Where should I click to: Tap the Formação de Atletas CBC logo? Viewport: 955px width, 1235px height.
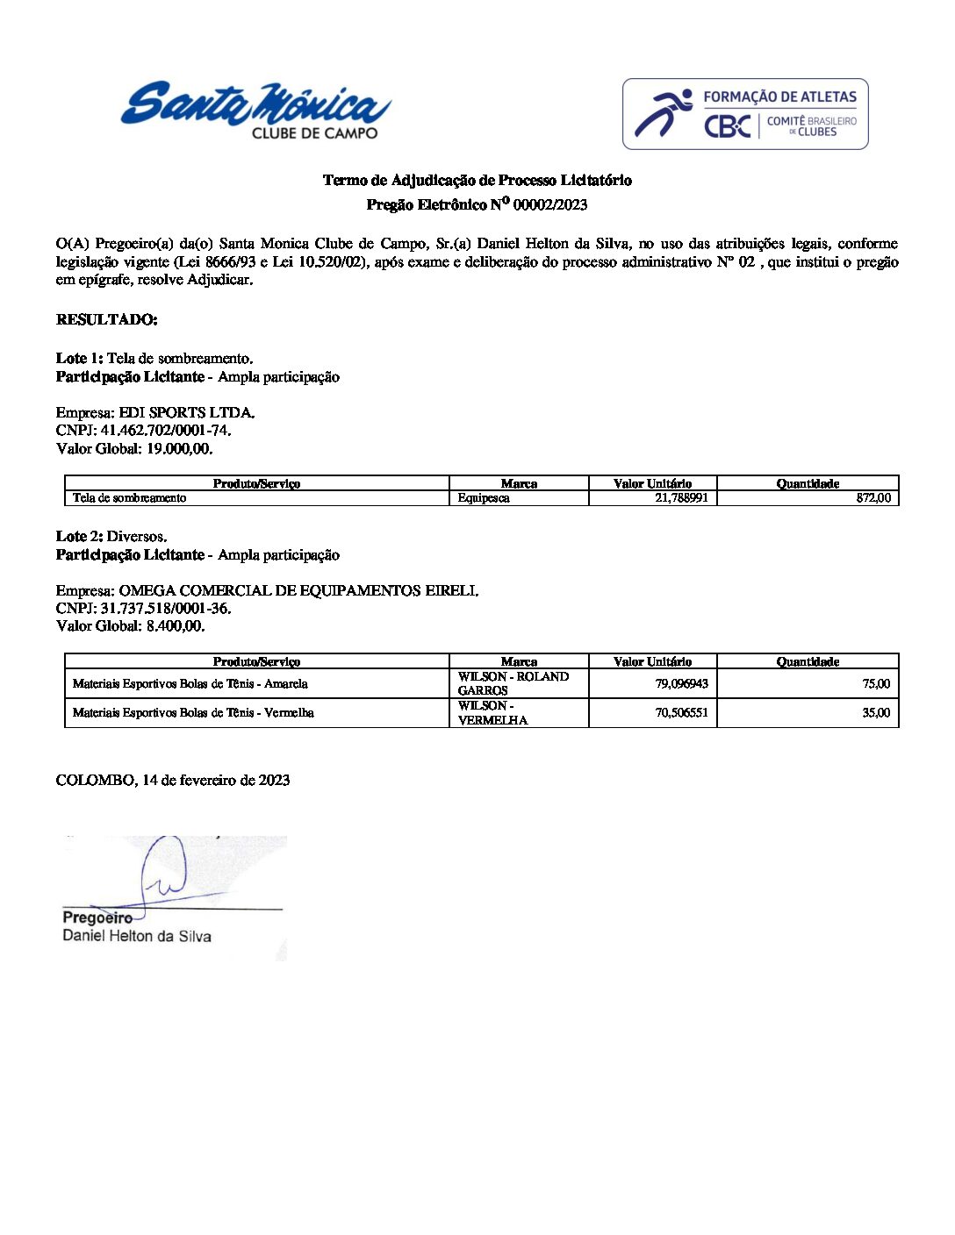tap(745, 114)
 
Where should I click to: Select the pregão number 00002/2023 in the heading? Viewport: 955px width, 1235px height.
tap(549, 205)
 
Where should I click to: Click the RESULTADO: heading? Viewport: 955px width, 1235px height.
tap(106, 319)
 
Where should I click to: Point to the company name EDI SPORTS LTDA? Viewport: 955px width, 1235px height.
tap(186, 412)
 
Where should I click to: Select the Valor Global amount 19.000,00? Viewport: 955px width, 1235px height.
tap(179, 449)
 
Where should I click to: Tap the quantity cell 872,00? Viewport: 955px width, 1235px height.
tap(872, 498)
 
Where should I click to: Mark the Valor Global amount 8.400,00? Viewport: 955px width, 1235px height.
tap(175, 626)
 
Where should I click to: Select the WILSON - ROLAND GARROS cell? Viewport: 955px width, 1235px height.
tap(513, 683)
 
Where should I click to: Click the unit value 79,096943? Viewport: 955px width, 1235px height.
tap(681, 683)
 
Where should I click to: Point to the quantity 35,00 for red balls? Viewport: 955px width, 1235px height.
tap(875, 713)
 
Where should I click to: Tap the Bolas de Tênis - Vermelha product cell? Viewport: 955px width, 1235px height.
tap(193, 713)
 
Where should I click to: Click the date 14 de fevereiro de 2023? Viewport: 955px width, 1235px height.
tap(216, 781)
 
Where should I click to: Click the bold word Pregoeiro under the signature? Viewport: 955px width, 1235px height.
tap(97, 917)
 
